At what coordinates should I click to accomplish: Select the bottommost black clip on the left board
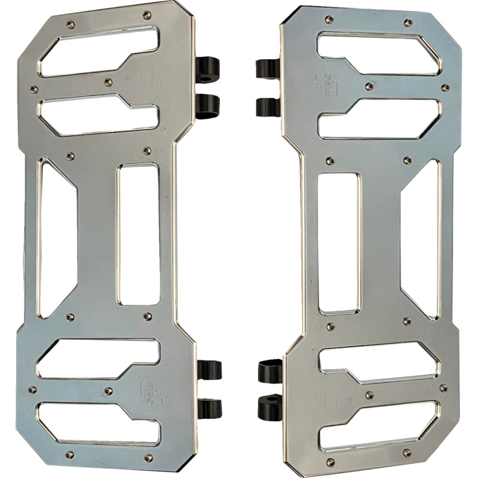209,407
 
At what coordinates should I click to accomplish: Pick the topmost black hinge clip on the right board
268,68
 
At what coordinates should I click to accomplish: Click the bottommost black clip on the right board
269,406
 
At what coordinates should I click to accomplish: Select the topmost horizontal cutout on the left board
99,51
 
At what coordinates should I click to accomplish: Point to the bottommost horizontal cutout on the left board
99,423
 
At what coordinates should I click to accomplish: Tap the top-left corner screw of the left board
71,24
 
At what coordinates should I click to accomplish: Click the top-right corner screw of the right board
408,23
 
